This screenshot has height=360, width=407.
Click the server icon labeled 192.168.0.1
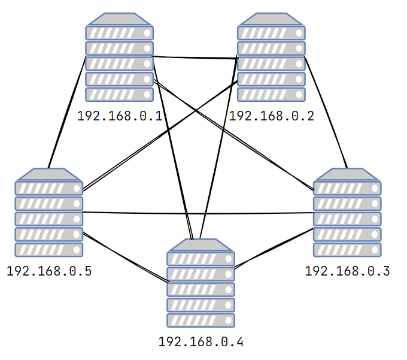(x=119, y=58)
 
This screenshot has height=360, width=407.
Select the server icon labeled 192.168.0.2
(x=271, y=58)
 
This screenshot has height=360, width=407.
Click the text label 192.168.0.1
(x=120, y=116)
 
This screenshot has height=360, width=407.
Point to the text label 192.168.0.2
(x=271, y=116)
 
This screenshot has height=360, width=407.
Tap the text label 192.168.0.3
(x=347, y=271)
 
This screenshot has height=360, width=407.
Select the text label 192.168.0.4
(x=201, y=343)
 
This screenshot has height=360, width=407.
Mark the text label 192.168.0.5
(x=49, y=271)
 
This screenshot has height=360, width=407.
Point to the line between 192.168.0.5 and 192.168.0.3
(x=198, y=213)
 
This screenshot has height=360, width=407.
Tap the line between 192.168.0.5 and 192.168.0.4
(x=126, y=258)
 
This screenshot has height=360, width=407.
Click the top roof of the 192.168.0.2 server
(x=271, y=19)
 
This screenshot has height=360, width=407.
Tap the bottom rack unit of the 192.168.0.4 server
(x=201, y=320)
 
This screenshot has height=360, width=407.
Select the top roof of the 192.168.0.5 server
(x=49, y=174)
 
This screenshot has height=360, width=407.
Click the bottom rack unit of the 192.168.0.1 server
(x=119, y=95)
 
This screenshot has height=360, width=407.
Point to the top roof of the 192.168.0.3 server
(x=347, y=174)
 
